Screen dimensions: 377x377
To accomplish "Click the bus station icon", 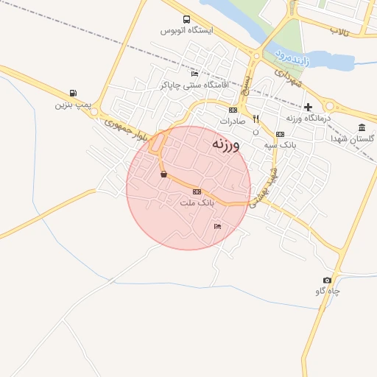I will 186,20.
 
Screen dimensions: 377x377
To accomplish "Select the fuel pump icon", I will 72,94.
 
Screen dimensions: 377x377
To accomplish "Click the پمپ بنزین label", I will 72,105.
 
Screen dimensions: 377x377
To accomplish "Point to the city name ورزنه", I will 225,144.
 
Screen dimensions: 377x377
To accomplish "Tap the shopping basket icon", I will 163,175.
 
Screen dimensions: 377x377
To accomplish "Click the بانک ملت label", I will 197,202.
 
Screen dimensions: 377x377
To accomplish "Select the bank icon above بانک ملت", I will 197,191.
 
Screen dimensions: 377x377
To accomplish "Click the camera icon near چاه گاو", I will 327,281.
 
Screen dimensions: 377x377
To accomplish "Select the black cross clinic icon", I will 308,108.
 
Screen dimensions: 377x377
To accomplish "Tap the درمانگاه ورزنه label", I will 309,118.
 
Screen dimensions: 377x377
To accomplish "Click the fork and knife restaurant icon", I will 256,119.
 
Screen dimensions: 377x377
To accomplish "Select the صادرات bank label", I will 232,120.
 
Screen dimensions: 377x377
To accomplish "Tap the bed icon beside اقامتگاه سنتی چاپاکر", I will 194,74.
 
